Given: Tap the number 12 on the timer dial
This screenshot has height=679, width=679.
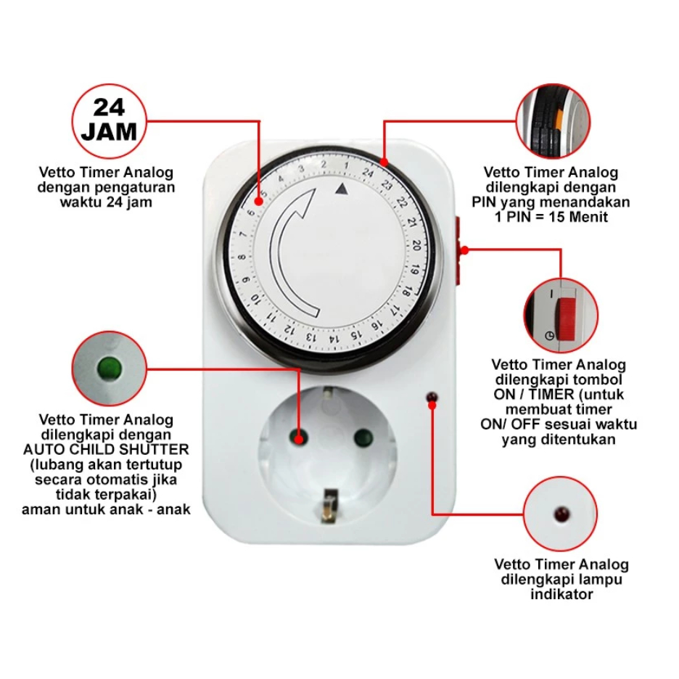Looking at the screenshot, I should click(x=290, y=327).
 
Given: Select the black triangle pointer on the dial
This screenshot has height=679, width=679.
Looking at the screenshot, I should click(x=342, y=189).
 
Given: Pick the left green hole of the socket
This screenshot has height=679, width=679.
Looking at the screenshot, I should click(x=297, y=437).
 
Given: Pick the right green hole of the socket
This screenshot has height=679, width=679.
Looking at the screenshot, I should click(x=360, y=437).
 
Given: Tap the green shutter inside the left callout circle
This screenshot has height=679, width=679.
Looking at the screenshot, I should click(x=110, y=365).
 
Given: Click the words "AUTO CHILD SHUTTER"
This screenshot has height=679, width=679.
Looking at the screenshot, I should click(x=106, y=449).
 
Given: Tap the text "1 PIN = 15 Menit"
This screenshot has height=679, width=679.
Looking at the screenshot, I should click(x=551, y=216).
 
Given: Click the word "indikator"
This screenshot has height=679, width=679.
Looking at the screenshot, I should click(x=561, y=594).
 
